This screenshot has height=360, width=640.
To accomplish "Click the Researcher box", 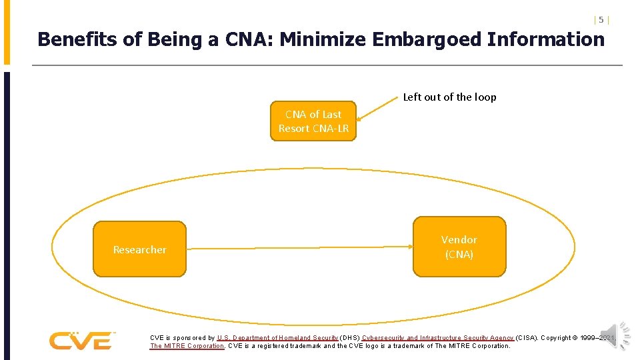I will (139, 249).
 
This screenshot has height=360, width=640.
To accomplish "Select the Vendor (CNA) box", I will (459, 247).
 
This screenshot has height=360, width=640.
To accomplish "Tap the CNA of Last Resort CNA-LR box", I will (313, 121).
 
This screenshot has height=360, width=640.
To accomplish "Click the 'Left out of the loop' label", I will (449, 97).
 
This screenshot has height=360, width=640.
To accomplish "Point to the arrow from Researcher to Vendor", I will (300, 247).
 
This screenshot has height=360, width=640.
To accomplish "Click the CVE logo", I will (81, 340).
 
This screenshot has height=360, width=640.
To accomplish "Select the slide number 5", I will (601, 20).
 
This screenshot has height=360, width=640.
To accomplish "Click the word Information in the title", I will (545, 40).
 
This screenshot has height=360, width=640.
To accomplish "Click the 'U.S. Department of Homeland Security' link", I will (277, 338).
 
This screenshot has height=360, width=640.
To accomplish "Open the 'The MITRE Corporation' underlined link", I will (187, 346).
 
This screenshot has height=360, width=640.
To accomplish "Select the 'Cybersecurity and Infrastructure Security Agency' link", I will (438, 338).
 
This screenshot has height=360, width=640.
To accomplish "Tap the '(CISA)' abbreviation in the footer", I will (527, 338).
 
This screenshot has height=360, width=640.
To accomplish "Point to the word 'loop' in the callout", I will (485, 97).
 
